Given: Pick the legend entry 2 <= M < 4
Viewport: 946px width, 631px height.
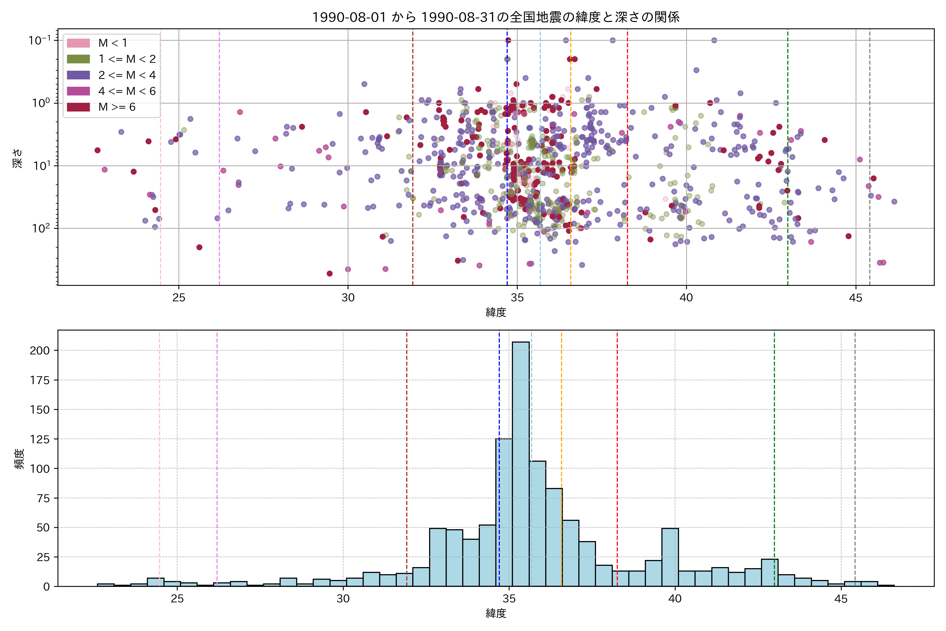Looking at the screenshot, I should click(127, 75).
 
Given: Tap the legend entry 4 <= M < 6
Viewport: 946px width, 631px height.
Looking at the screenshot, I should click(127, 91).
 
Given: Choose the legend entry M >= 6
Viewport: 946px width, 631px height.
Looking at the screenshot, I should click(117, 107).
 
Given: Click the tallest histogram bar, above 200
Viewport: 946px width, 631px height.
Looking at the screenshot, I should click(521, 463).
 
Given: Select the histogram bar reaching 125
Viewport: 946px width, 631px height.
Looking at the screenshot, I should click(504, 511).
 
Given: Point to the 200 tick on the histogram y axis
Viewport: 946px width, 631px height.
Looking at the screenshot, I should click(39, 350).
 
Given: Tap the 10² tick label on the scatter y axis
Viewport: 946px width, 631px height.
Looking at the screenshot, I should click(42, 228).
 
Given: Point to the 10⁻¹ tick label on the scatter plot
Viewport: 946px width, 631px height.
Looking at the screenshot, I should click(39, 40).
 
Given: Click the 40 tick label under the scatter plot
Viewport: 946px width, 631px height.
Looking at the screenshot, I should click(686, 298).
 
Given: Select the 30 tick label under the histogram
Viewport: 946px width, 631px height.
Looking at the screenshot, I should click(343, 599).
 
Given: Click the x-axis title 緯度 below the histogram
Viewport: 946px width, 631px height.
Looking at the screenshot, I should click(496, 613).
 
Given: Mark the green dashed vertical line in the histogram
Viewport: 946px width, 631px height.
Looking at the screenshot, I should click(774, 443).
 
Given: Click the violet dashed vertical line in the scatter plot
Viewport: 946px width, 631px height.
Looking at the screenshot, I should click(219, 161).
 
